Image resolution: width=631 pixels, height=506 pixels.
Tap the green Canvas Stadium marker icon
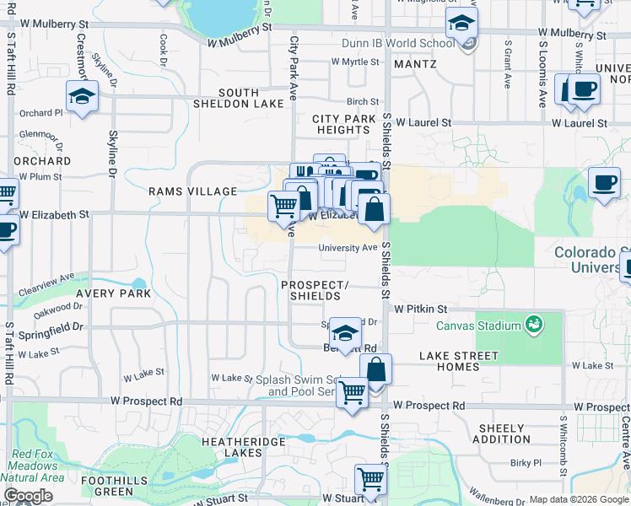pyautogui.click(x=533, y=324)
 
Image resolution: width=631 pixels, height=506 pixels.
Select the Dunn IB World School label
pyautogui.click(x=398, y=43)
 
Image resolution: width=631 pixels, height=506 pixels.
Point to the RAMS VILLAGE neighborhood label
pyautogui.click(x=193, y=191)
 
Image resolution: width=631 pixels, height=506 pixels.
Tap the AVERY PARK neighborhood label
pyautogui.click(x=113, y=293)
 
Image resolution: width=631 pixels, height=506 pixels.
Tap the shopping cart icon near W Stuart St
pyautogui.click(x=370, y=479)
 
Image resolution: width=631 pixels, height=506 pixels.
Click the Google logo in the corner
pyautogui.click(x=28, y=496)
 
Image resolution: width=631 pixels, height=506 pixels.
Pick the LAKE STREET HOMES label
pyautogui.click(x=459, y=361)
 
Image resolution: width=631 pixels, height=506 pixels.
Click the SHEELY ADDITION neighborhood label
pyautogui.click(x=504, y=433)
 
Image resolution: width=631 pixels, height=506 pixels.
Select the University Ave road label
pyautogui.click(x=348, y=248)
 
